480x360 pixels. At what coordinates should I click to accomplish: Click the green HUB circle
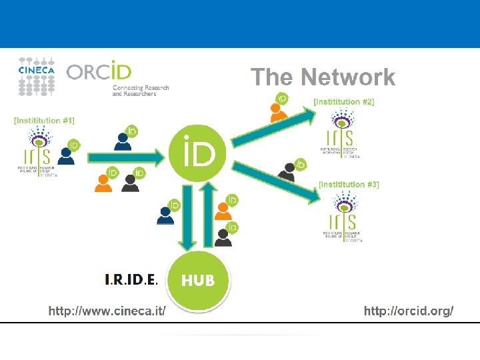pos(197,280)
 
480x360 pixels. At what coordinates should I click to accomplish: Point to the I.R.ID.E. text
pos(131,280)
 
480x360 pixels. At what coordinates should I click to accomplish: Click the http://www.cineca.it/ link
pos(107,311)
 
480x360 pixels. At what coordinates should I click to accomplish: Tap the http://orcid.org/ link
pos(409,311)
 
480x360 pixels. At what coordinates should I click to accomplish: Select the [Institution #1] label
pos(44,121)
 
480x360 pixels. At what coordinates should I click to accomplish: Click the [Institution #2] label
pos(343,102)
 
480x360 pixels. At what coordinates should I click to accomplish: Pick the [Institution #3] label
pos(349,184)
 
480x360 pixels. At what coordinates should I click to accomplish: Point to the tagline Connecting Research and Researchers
pos(141,91)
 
